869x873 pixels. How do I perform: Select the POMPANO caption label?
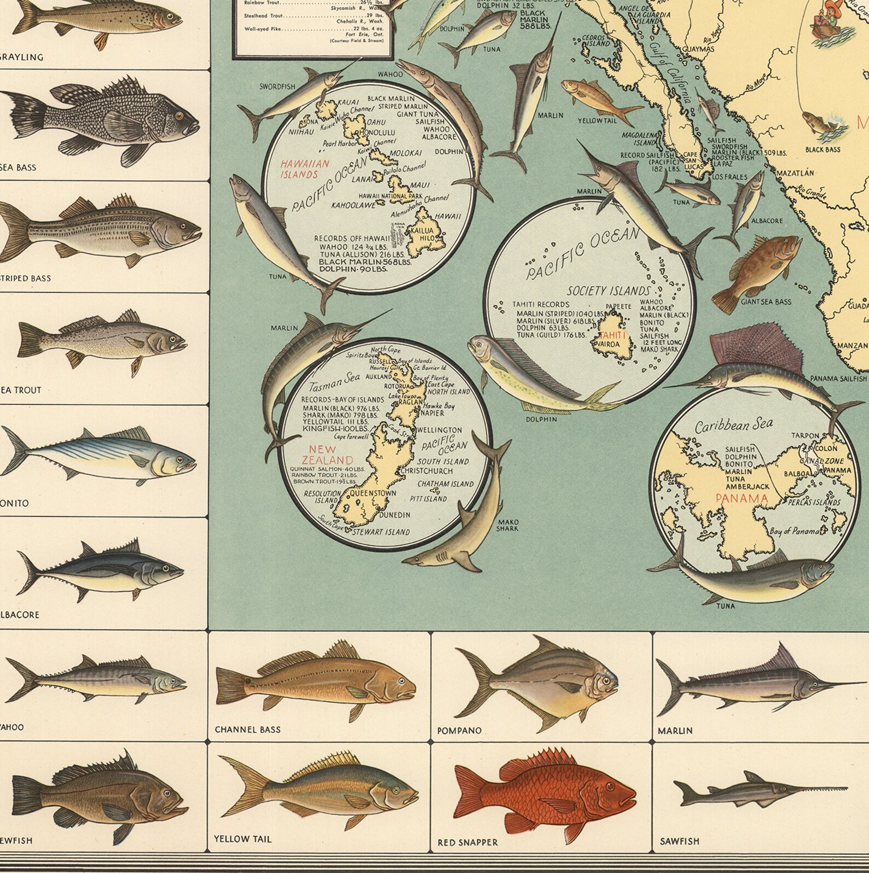pyautogui.click(x=459, y=731)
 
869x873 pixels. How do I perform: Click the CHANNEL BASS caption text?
pyautogui.click(x=247, y=730)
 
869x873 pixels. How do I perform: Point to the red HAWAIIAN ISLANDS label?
pyautogui.click(x=299, y=169)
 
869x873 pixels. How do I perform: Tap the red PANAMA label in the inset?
pyautogui.click(x=741, y=498)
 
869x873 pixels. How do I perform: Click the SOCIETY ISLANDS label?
pyautogui.click(x=609, y=291)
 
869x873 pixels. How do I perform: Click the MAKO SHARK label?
pyautogui.click(x=507, y=525)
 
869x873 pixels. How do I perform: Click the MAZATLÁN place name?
pyautogui.click(x=795, y=173)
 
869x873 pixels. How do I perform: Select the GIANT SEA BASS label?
pyautogui.click(x=766, y=301)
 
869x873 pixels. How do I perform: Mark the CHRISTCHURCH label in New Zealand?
pyautogui.click(x=426, y=470)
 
